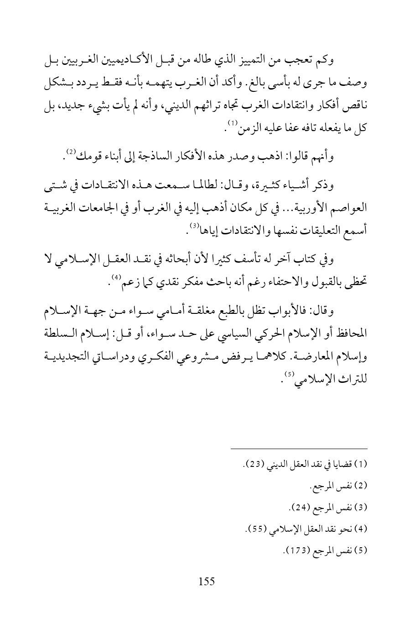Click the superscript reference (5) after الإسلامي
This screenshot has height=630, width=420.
289,351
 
